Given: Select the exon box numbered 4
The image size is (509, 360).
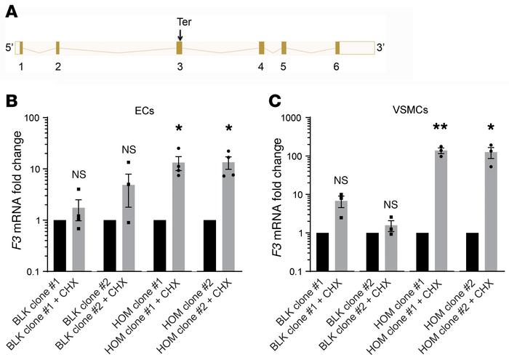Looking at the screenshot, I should pyautogui.click(x=261, y=48).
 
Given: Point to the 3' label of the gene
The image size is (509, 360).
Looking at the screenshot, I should pyautogui.click(x=380, y=48).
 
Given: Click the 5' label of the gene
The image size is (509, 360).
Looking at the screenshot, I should pyautogui.click(x=8, y=48).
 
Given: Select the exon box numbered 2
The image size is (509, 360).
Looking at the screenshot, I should pyautogui.click(x=57, y=48).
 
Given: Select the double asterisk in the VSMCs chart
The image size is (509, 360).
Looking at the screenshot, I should pyautogui.click(x=420, y=129).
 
